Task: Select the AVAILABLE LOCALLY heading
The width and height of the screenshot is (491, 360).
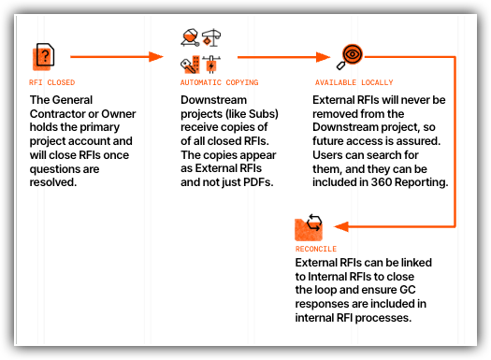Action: coord(354,82)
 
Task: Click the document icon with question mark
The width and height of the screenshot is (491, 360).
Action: coord(41,57)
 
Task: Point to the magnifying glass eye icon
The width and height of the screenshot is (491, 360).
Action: coord(351,56)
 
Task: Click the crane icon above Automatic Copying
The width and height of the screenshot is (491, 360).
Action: coord(210,38)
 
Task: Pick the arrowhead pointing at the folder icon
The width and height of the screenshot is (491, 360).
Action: coord(339,226)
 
